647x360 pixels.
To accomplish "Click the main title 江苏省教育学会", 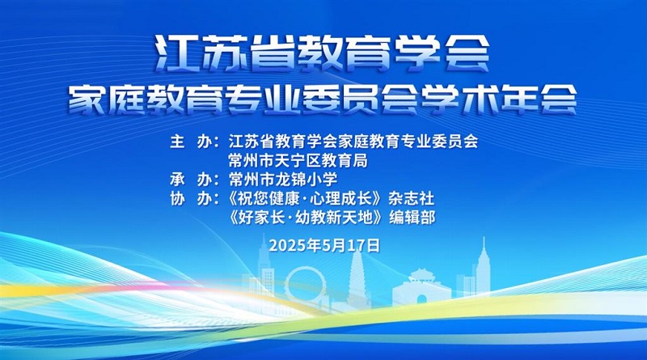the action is [322, 53].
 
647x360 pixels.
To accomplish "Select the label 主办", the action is [191, 142].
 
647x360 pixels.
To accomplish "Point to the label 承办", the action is [191, 180].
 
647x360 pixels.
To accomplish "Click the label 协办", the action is [191, 198].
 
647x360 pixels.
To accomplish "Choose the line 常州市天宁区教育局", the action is [298, 161].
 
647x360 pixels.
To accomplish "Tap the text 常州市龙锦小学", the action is [282, 180].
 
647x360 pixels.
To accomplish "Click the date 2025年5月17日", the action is [324, 246].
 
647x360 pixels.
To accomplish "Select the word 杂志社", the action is [411, 198].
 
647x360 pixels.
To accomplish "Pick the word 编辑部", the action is [412, 218].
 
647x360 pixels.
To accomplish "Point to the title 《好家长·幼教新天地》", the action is [307, 218].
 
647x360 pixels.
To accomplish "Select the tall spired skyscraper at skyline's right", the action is [483, 269].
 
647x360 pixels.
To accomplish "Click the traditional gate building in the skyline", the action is [421, 288].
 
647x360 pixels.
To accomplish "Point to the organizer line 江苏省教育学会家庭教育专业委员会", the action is [353, 142].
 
